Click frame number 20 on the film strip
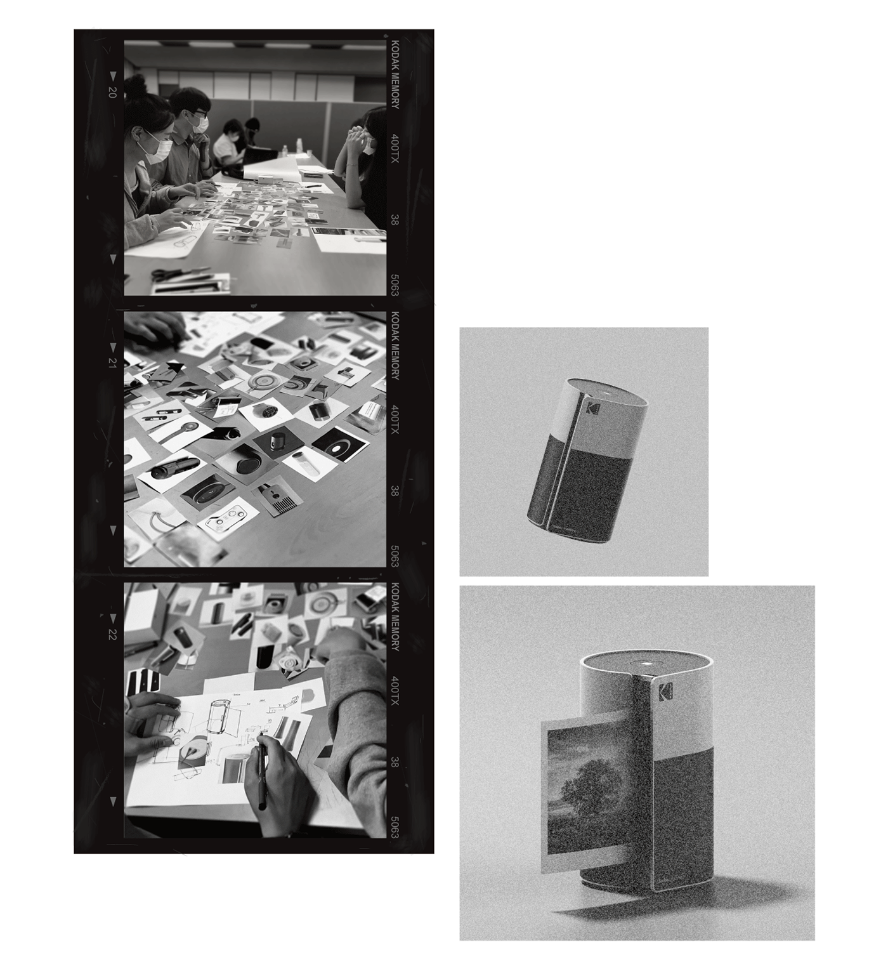[x=113, y=93]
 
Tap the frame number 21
[x=113, y=362]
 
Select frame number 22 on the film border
[x=113, y=633]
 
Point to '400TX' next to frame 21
[x=395, y=418]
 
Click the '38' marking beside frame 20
[x=395, y=219]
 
